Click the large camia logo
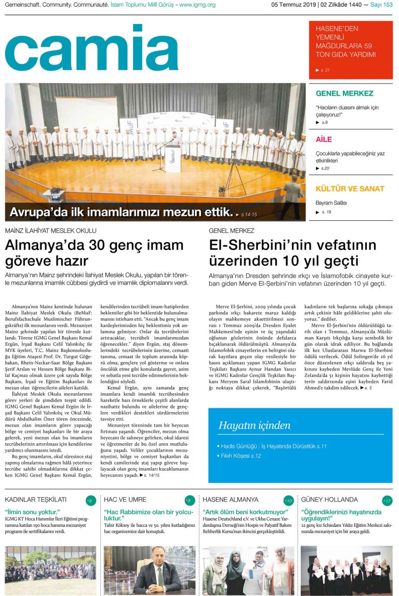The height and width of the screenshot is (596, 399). [x=91, y=48]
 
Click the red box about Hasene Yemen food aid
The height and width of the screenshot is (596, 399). [x=351, y=50]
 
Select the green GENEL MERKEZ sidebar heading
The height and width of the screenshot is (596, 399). [x=344, y=94]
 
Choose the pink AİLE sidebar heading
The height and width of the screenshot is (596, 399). [x=324, y=139]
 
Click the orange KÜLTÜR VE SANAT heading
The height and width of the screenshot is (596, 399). [x=350, y=189]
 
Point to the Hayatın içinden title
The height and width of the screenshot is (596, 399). [x=254, y=426]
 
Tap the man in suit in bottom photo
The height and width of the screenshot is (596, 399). [x=151, y=572]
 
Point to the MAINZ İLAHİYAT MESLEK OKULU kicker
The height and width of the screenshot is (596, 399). [x=51, y=230]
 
